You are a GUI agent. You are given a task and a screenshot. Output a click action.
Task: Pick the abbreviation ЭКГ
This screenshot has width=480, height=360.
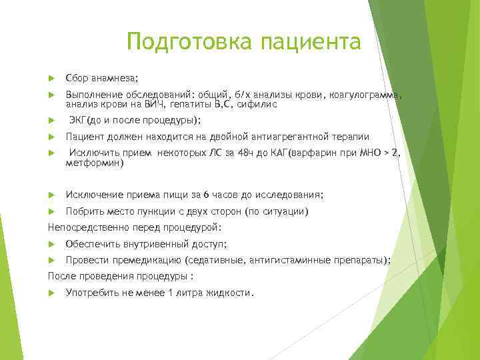pyautogui.click(x=81, y=121)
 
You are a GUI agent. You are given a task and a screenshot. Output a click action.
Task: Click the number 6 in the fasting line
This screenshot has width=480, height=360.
pyautogui.click(x=206, y=195)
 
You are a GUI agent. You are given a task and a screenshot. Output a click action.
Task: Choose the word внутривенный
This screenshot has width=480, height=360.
pyautogui.click(x=149, y=244)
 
